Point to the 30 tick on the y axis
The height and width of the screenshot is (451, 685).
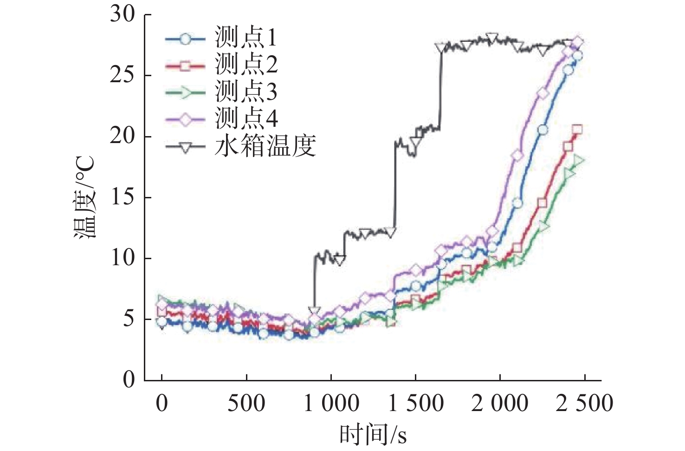pyautogui.click(x=123, y=15)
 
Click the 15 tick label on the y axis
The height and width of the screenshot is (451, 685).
pyautogui.click(x=123, y=197)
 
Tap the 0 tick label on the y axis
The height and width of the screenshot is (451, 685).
pyautogui.click(x=129, y=380)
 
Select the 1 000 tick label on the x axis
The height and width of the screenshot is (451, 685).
pyautogui.click(x=331, y=404)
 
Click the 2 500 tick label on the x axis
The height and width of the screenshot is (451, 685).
pyautogui.click(x=584, y=404)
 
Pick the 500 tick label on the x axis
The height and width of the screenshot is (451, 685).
pyautogui.click(x=246, y=404)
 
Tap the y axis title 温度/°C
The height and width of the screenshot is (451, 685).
pyautogui.click(x=84, y=197)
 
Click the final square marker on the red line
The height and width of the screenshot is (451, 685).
pyautogui.click(x=577, y=130)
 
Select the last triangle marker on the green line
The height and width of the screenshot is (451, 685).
pyautogui.click(x=578, y=161)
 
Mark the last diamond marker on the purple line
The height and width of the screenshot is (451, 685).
pyautogui.click(x=577, y=43)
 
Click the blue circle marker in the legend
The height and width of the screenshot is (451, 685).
pyautogui.click(x=185, y=39)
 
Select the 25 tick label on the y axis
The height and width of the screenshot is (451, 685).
pyautogui.click(x=123, y=76)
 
